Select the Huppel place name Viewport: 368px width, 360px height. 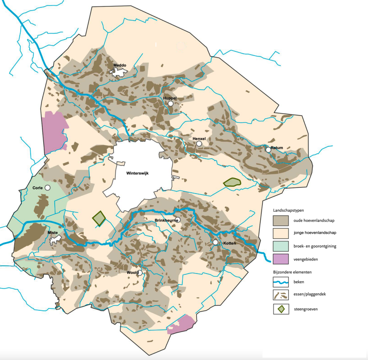point(170,98)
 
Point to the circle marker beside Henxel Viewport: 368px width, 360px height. point(199,144)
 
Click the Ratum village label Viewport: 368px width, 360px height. point(277,148)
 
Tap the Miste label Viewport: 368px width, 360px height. point(53,233)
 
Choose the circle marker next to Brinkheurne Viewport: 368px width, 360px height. point(177,220)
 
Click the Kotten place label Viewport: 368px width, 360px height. point(230,242)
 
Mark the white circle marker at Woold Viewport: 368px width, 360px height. point(140,273)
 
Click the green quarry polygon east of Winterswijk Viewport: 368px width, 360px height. point(232,182)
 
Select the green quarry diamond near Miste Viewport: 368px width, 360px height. point(99,218)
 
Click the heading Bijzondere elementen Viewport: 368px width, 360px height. point(290,272)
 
